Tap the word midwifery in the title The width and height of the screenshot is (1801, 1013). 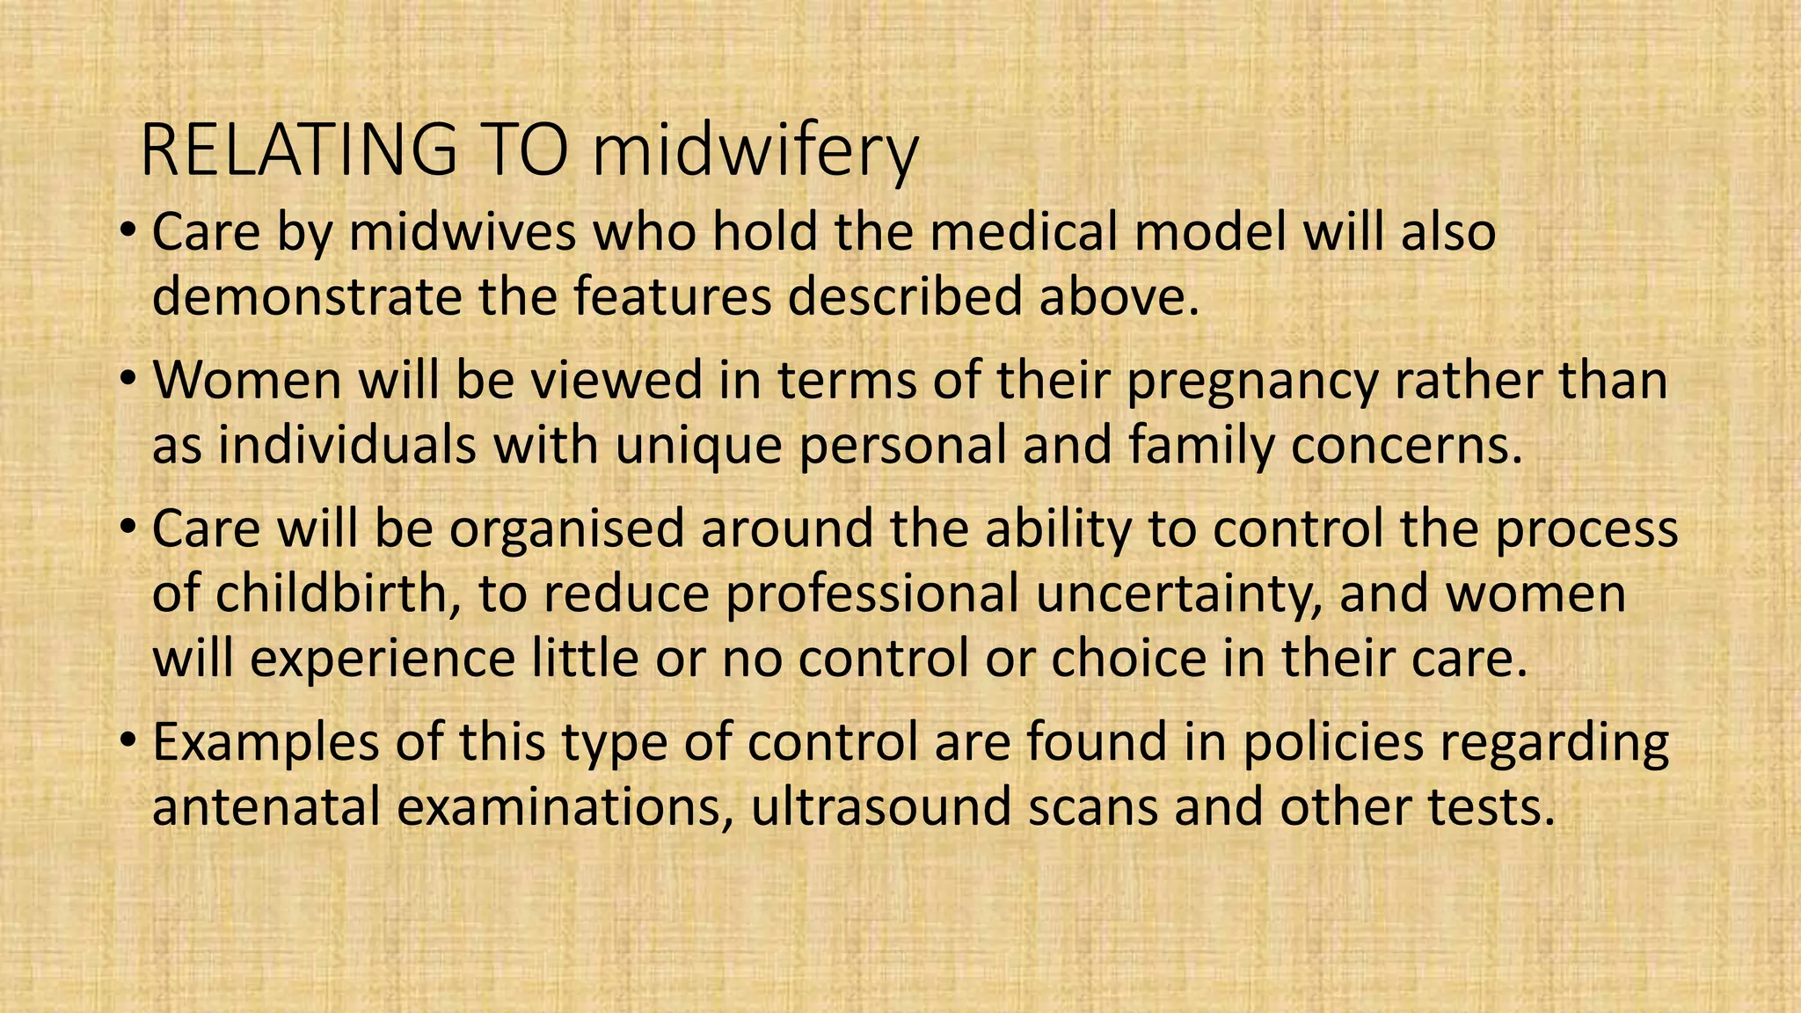[x=755, y=151]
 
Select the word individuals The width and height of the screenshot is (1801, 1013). [x=347, y=445]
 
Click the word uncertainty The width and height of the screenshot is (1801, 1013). [x=1179, y=594]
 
